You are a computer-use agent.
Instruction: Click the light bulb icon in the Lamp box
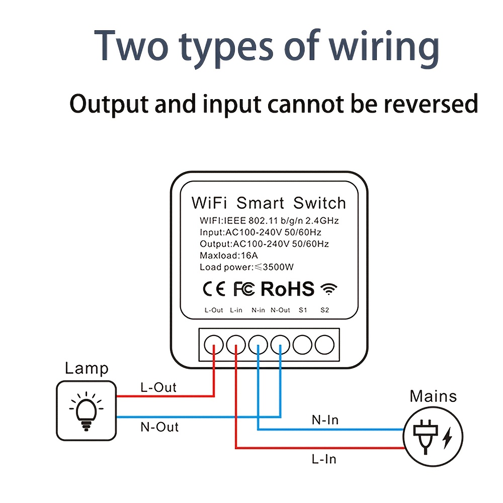tap(86, 410)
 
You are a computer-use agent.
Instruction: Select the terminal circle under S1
tap(302, 345)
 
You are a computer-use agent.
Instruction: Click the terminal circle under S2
tap(324, 345)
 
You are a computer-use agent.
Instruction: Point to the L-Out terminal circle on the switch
tap(214, 345)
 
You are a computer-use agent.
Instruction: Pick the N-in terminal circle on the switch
tap(258, 345)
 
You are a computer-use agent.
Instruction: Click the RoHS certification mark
tap(287, 289)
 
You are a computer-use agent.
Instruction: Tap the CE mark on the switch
tap(214, 289)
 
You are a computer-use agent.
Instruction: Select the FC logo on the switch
tap(244, 289)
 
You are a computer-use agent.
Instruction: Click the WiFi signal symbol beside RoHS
tap(329, 289)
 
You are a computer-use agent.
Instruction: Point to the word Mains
tap(433, 396)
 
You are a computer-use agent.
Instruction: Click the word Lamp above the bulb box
tap(87, 369)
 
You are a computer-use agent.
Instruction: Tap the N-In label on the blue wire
tap(325, 419)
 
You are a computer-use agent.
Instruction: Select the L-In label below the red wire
tap(323, 459)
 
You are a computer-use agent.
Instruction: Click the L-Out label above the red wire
tap(158, 387)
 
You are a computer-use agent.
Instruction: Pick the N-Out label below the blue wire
tap(159, 427)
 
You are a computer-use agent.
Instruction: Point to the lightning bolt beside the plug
tap(447, 438)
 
